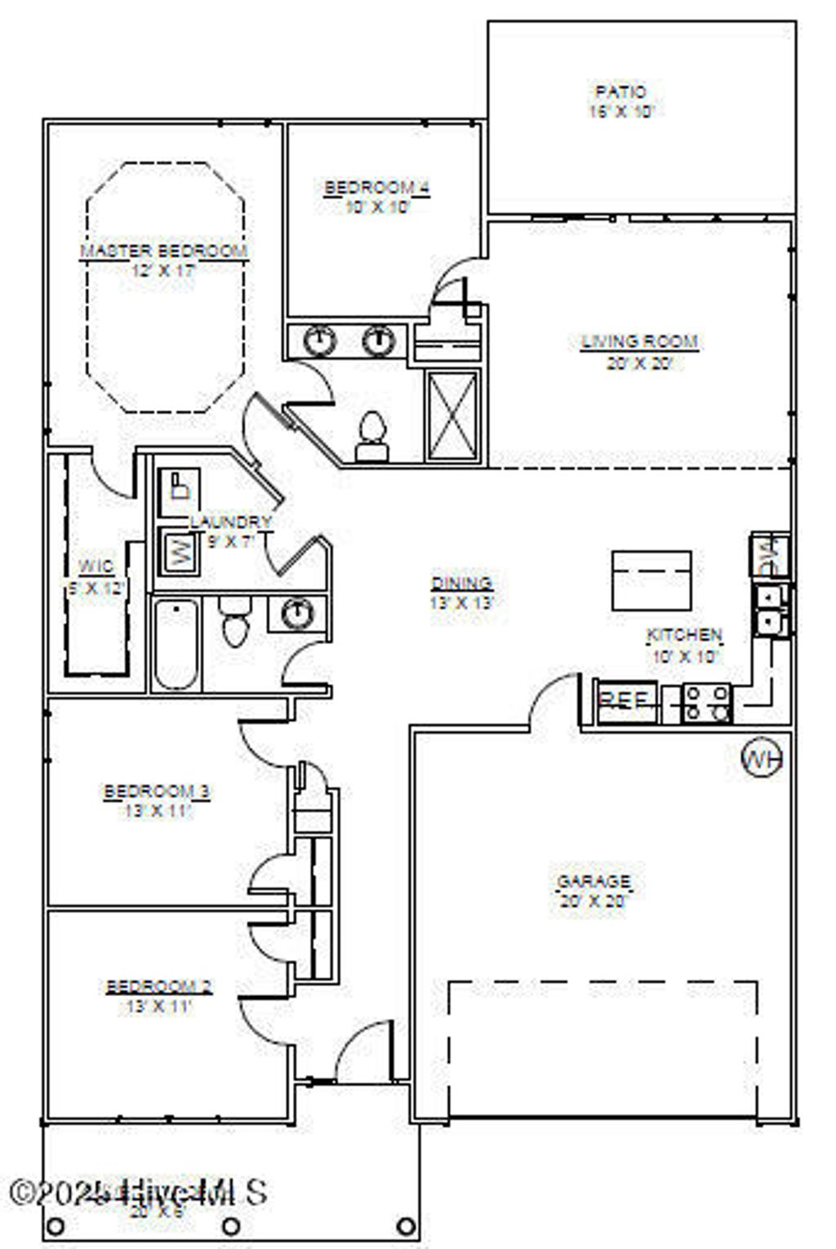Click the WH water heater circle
pyautogui.click(x=761, y=759)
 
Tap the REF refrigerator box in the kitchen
pyautogui.click(x=627, y=700)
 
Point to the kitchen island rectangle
pyautogui.click(x=651, y=580)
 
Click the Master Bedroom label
pyautogui.click(x=163, y=251)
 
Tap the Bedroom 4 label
pyautogui.click(x=376, y=188)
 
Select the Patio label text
pyautogui.click(x=620, y=91)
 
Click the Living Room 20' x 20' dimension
pyautogui.click(x=639, y=363)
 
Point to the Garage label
pyautogui.click(x=594, y=882)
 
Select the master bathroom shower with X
pyautogui.click(x=453, y=416)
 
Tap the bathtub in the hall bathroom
pyautogui.click(x=176, y=644)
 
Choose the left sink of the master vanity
pyautogui.click(x=321, y=340)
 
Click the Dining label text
pyautogui.click(x=462, y=583)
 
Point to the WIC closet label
pyautogui.click(x=96, y=567)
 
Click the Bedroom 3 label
pyautogui.click(x=158, y=791)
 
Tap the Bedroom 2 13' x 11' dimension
pyautogui.click(x=158, y=1007)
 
